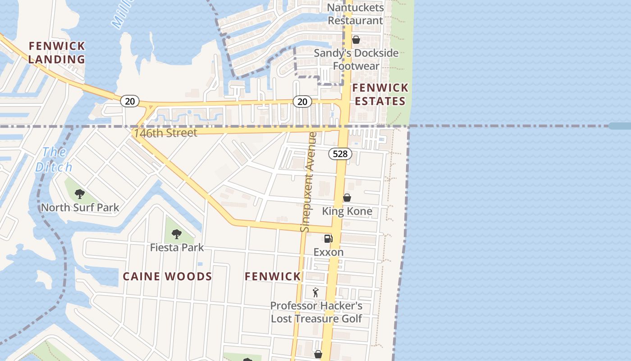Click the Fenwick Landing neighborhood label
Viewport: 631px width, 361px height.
pyautogui.click(x=57, y=52)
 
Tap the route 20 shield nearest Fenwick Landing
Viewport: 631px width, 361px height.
pyautogui.click(x=130, y=101)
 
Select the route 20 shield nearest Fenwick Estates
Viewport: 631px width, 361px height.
pyautogui.click(x=302, y=102)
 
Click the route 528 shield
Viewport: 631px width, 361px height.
pyautogui.click(x=340, y=154)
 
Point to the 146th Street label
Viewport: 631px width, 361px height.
pyautogui.click(x=165, y=133)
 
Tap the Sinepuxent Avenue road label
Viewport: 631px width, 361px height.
pyautogui.click(x=308, y=182)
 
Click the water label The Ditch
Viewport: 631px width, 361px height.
pyautogui.click(x=54, y=159)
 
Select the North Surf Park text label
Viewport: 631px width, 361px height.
pyautogui.click(x=80, y=208)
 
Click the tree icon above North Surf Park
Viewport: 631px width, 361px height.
pyautogui.click(x=80, y=194)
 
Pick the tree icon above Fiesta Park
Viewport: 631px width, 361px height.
pyautogui.click(x=177, y=234)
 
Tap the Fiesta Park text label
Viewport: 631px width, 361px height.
pyautogui.click(x=177, y=248)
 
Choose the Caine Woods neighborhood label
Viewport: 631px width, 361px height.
pyautogui.click(x=167, y=277)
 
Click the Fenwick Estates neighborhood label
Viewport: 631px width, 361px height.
pyautogui.click(x=380, y=94)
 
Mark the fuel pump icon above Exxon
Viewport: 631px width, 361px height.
pyautogui.click(x=329, y=238)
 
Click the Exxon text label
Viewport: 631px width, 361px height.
pyautogui.click(x=329, y=252)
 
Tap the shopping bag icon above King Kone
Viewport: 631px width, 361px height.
pyautogui.click(x=347, y=198)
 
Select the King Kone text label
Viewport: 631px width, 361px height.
pyautogui.click(x=347, y=211)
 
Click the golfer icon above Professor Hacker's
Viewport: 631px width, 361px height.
pyautogui.click(x=315, y=292)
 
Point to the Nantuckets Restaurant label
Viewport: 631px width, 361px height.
pyautogui.click(x=356, y=14)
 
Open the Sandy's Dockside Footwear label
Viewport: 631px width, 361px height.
pyautogui.click(x=356, y=60)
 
